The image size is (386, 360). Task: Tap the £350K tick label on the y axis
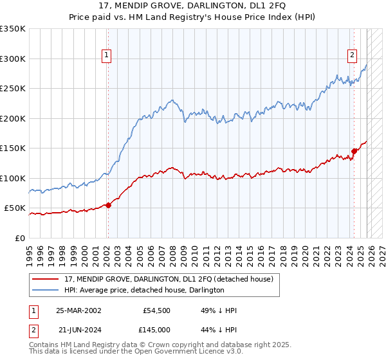[x=13, y=29]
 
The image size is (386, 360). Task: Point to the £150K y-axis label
[x=13, y=148]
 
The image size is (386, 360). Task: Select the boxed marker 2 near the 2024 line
[x=353, y=55]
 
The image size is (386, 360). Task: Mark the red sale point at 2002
[x=108, y=206]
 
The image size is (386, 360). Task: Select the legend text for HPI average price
[x=144, y=290]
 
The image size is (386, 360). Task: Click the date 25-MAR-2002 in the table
[x=78, y=310]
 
